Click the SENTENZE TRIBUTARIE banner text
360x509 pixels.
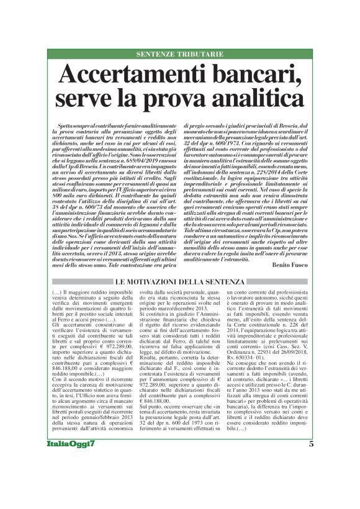179,55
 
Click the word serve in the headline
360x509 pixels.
83,98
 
